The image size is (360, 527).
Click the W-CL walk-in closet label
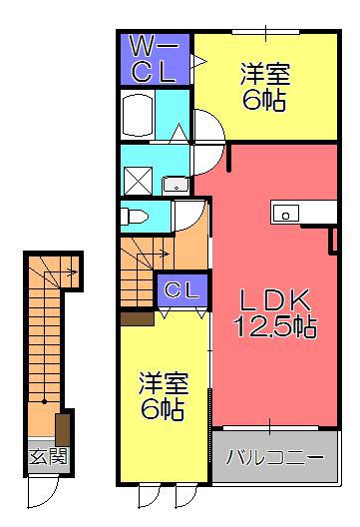(155, 60)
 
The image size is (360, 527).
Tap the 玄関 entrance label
(48, 456)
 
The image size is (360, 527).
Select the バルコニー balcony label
(274, 457)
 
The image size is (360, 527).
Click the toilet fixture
(134, 217)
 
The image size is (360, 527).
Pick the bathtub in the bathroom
(137, 114)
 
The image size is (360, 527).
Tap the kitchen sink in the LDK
(286, 214)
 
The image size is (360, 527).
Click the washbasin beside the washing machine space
(176, 185)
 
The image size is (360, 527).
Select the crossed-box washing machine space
(138, 181)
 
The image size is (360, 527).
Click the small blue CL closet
(182, 290)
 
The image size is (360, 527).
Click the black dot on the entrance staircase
(44, 401)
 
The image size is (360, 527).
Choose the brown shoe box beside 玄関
(63, 430)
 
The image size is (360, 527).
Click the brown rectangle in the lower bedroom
(137, 319)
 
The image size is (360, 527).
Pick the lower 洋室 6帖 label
(164, 395)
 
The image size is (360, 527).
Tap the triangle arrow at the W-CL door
(197, 61)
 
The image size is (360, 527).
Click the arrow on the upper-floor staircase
(154, 255)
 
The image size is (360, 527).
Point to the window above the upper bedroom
(265, 32)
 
